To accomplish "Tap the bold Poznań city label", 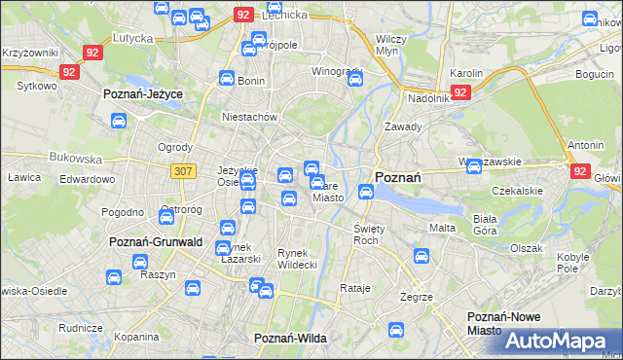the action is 397,178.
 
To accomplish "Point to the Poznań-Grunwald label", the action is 156,242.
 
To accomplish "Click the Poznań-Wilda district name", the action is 289,338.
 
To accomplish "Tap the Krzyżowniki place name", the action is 29,52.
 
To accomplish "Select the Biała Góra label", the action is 486,225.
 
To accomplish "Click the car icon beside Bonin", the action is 226,80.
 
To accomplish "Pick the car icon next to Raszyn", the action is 138,262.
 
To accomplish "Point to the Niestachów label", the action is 250,118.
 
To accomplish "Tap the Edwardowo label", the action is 88,179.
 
